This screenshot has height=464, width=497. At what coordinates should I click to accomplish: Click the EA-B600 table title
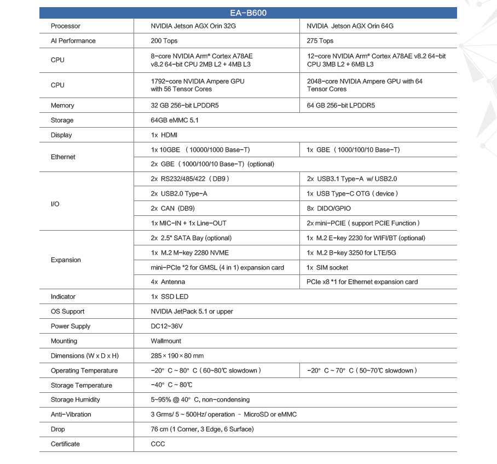[x=248, y=13]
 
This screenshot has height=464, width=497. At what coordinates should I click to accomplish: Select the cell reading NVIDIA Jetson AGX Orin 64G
[x=350, y=26]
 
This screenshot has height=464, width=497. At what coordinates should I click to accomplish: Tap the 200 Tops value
[x=164, y=41]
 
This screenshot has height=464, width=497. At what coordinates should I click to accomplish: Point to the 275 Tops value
[x=320, y=41]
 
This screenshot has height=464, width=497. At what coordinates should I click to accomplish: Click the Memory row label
[x=62, y=106]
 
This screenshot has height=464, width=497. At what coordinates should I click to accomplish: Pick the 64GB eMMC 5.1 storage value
[x=175, y=121]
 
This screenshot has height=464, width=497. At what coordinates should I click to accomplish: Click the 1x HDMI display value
[x=164, y=135]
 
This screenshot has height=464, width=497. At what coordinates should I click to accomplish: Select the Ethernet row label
[x=63, y=157]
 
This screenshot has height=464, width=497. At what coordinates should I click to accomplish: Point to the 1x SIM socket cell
[x=327, y=268]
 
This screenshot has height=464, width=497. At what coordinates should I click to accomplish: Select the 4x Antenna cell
[x=168, y=282]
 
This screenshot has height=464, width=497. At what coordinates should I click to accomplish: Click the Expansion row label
[x=66, y=260]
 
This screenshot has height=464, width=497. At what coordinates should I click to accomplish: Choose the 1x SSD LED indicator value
[x=170, y=297]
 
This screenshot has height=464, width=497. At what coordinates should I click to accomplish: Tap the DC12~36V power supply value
[x=167, y=326]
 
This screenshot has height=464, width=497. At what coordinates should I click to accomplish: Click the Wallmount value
[x=166, y=341]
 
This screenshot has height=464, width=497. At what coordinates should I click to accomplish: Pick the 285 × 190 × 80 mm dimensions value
[x=177, y=356]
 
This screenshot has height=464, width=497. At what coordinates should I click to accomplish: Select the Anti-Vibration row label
[x=71, y=415]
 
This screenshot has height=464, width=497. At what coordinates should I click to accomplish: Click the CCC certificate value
[x=158, y=444]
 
